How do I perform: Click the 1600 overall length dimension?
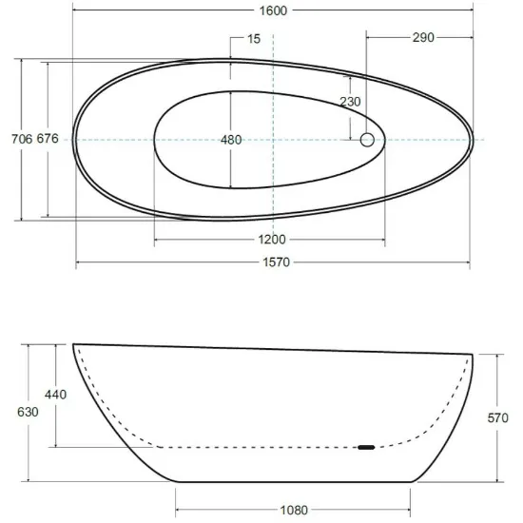[x=273, y=10]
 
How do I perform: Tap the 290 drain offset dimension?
[x=423, y=37]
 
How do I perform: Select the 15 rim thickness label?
[x=254, y=39]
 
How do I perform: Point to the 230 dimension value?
[x=350, y=102]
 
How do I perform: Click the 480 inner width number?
[x=231, y=140]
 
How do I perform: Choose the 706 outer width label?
[x=22, y=139]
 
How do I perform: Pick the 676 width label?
[x=48, y=139]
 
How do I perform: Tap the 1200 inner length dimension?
[x=272, y=240]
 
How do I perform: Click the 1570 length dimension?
[x=276, y=262]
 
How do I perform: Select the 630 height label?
[x=28, y=412]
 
